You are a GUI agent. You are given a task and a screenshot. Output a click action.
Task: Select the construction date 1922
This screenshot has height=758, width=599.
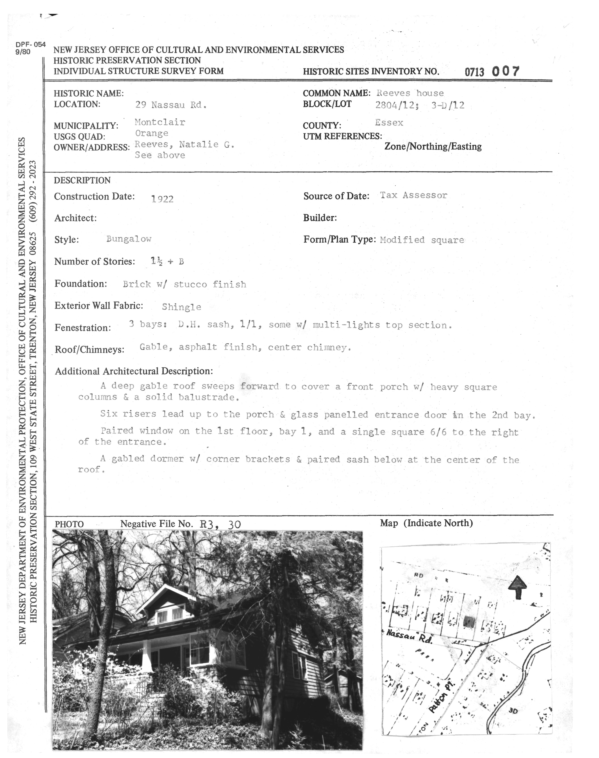pos(162,199)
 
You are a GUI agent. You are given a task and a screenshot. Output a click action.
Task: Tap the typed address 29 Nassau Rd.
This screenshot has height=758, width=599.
pos(171,105)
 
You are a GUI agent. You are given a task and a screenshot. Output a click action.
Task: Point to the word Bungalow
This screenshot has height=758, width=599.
pos(129,239)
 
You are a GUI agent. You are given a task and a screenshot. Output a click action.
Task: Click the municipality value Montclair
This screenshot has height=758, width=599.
pos(160,122)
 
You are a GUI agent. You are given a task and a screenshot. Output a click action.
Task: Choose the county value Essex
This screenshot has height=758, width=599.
pos(389,123)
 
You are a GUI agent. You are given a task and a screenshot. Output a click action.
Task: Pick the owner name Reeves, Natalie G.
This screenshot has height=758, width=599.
pos(184,144)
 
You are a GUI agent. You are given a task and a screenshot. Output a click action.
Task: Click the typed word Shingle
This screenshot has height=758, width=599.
pos(181,307)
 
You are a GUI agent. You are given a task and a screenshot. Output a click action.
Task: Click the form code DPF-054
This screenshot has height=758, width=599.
pos(31,45)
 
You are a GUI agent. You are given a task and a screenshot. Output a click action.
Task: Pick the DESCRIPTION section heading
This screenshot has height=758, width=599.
pos(82,180)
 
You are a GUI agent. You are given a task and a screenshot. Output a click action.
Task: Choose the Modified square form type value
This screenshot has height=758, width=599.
pos(422,240)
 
